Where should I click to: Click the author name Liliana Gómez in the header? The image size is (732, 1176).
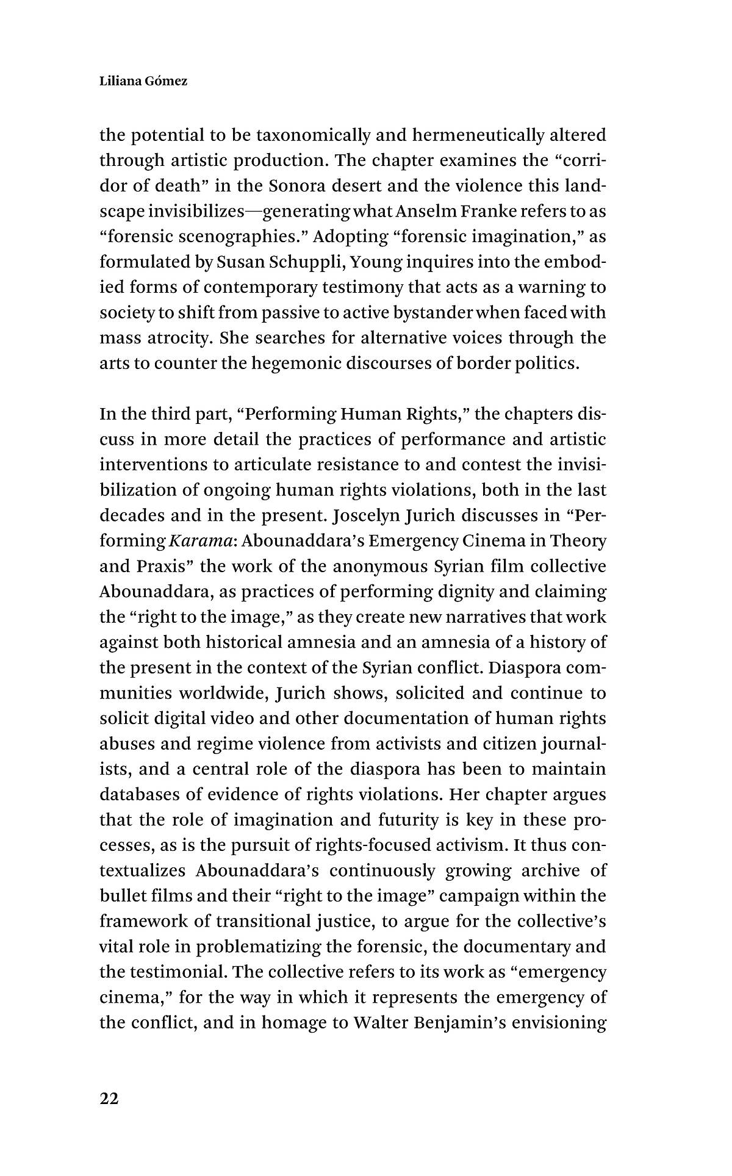click(x=143, y=81)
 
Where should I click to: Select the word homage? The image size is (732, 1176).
click(x=294, y=1023)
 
